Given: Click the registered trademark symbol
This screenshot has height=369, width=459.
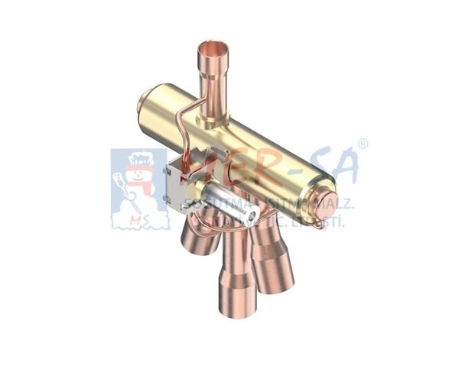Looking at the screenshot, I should [363, 144].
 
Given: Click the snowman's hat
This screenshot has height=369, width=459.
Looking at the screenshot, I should [140, 160].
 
